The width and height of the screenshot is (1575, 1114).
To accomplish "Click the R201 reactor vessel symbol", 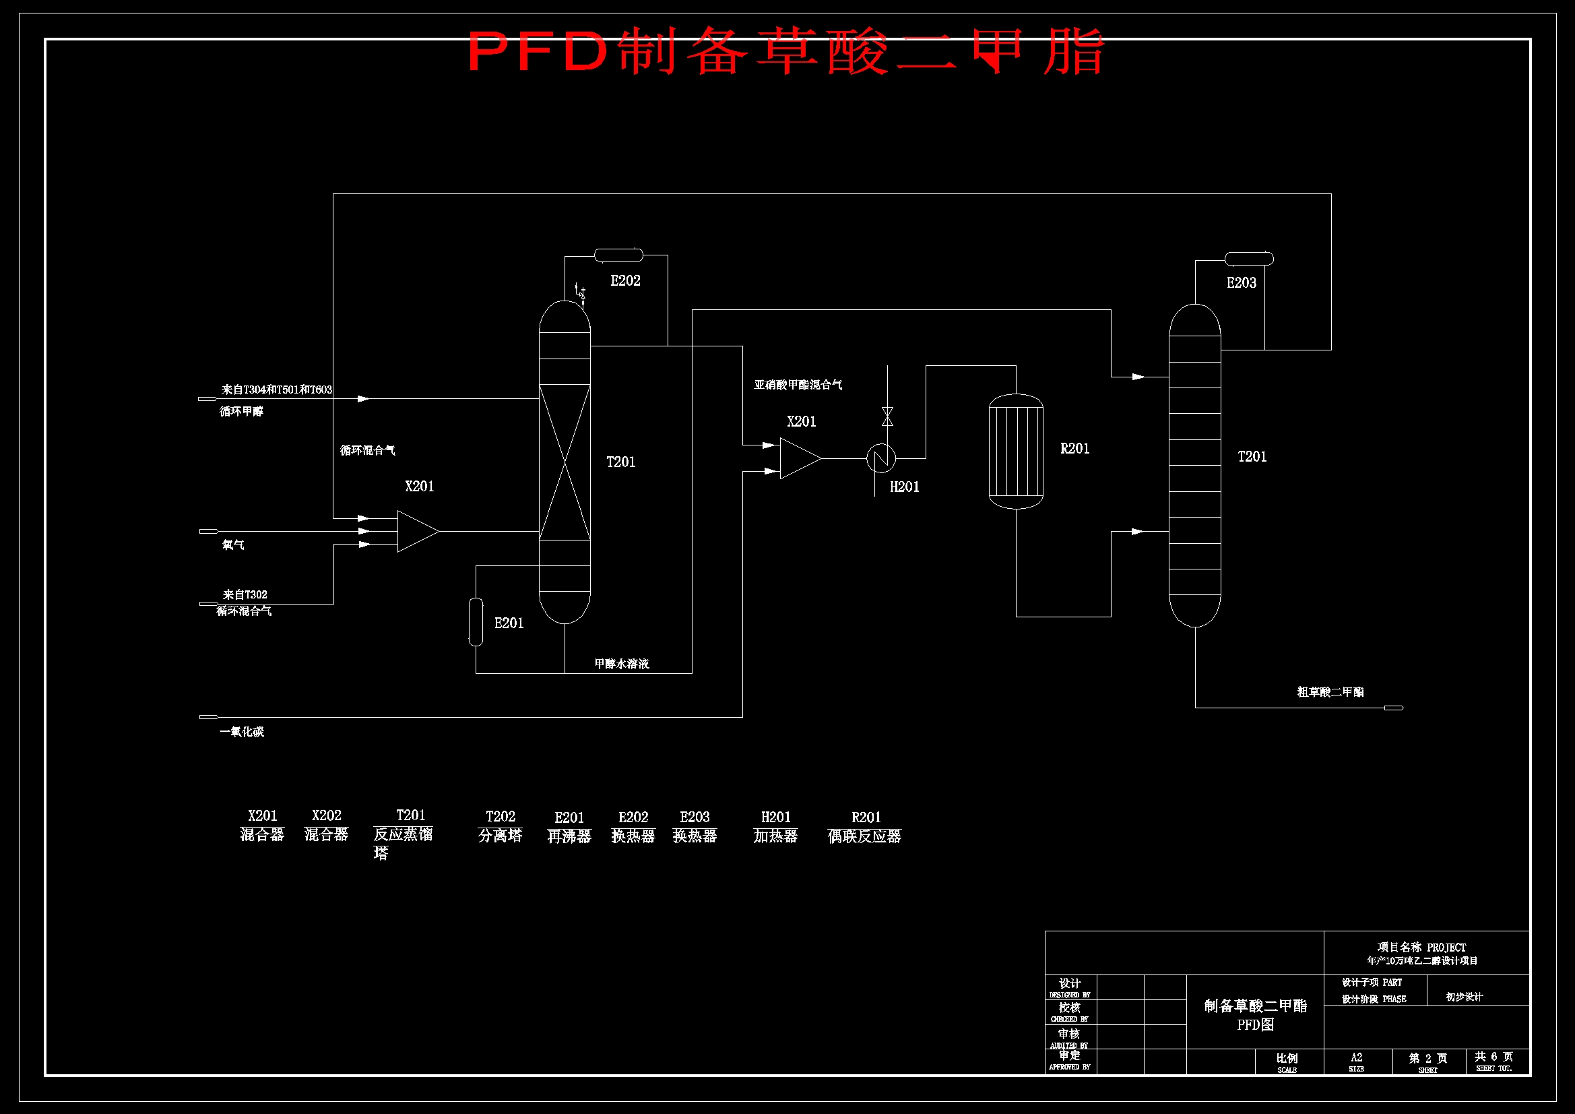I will point(1015,451).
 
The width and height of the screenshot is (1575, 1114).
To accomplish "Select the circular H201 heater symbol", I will point(880,458).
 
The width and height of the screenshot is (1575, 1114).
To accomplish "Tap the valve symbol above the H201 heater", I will point(887,416).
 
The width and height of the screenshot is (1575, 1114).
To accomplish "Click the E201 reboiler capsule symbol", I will point(476,622).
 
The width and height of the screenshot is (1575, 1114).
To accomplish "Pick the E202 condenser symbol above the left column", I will point(618,255).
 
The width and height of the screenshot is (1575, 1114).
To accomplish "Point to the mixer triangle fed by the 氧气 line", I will point(416,531).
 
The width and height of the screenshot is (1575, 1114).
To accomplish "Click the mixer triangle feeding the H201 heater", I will point(798,458).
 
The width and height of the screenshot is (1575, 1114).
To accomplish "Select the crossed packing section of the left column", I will point(564,462).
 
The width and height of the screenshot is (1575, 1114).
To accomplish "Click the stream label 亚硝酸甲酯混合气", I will point(798,385).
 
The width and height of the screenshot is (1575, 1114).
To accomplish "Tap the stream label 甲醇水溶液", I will point(622,664).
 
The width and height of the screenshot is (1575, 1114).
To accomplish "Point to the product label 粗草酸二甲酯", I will point(1330,692).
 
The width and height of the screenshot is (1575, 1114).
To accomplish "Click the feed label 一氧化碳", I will point(241,732).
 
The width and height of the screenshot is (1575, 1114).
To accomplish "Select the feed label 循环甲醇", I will point(241,411).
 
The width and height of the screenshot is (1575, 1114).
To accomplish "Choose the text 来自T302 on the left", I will point(245,594).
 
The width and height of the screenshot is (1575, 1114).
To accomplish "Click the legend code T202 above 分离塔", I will point(500,816).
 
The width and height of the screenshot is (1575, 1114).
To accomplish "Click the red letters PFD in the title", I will point(538,51).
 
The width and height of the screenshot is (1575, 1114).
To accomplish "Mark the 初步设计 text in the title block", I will point(1464,997).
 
